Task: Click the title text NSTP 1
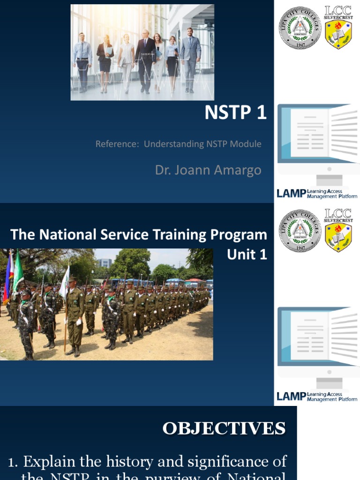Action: (235, 113)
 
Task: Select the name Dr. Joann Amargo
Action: (208, 170)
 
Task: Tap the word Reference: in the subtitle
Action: (117, 144)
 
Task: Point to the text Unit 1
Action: (247, 255)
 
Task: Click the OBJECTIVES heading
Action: (224, 428)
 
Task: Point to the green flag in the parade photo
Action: (18, 272)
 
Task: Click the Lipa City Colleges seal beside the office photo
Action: (300, 28)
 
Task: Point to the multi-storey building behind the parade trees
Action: (104, 263)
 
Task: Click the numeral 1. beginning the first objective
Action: (14, 462)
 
